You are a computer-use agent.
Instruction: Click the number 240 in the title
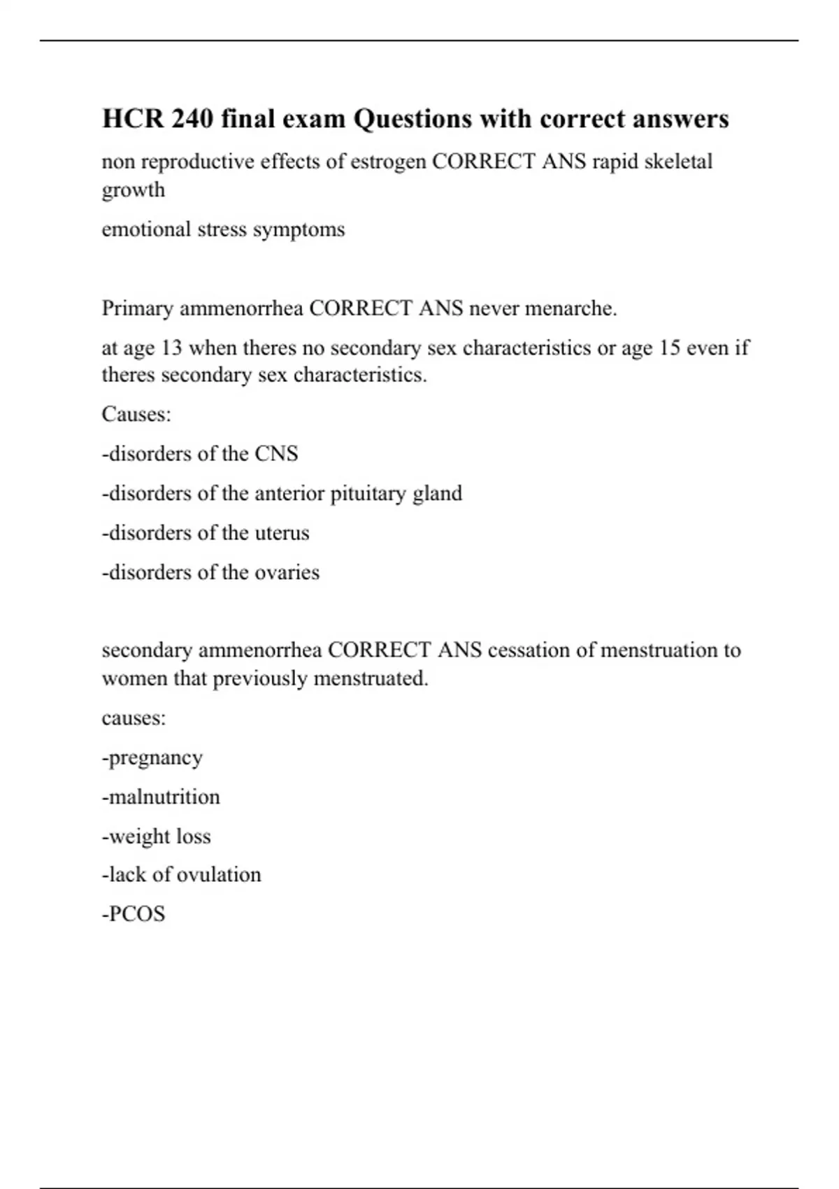tap(192, 119)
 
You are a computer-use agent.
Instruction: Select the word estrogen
tap(388, 162)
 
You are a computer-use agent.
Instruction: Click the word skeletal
tap(677, 162)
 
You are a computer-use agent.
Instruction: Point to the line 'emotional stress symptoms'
tap(223, 229)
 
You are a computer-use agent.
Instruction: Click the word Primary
tap(138, 308)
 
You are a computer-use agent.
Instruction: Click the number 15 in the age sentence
tap(670, 348)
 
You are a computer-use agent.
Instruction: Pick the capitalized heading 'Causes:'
tap(136, 414)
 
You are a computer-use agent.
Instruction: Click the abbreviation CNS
tap(276, 454)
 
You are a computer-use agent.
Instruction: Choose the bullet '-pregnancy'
tap(152, 758)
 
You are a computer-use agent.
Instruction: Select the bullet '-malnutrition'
tap(161, 797)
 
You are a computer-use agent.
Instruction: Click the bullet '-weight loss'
tap(156, 836)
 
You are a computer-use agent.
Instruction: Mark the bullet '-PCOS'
tap(134, 914)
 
